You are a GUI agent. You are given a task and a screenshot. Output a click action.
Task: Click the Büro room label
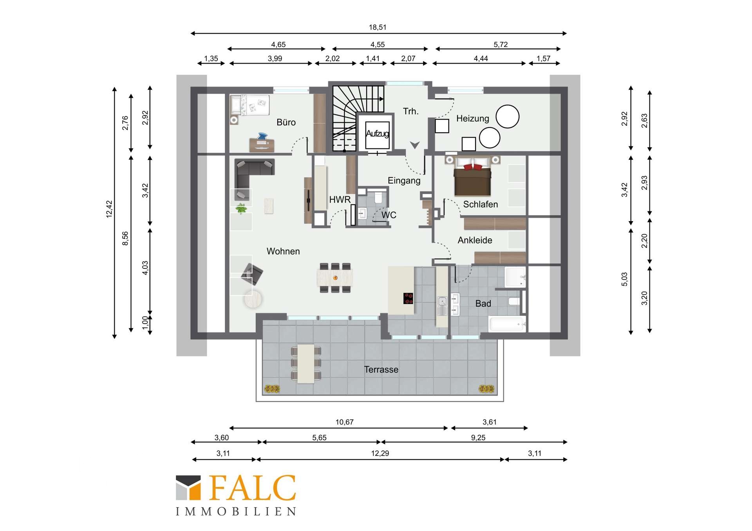pyautogui.click(x=286, y=122)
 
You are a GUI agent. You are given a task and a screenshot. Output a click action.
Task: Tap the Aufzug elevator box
pyautogui.click(x=378, y=134)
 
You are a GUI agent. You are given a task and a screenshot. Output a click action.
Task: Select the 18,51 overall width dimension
pyautogui.click(x=378, y=27)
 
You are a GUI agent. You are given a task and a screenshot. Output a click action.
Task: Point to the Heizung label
pyautogui.click(x=473, y=119)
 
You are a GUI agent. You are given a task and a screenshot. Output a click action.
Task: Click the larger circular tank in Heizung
pyautogui.click(x=508, y=117)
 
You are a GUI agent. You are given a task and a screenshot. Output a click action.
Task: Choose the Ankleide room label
pyautogui.click(x=475, y=240)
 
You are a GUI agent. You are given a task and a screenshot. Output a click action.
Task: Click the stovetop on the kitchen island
pyautogui.click(x=408, y=298)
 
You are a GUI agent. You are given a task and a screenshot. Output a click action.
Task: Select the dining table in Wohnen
pyautogui.click(x=335, y=278)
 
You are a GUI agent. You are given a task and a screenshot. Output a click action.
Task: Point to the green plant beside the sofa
pyautogui.click(x=241, y=209)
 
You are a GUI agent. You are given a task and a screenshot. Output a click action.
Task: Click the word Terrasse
pyautogui.click(x=381, y=370)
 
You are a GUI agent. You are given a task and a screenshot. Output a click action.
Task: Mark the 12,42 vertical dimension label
pyautogui.click(x=109, y=209)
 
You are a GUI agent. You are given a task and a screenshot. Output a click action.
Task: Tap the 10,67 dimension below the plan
pyautogui.click(x=345, y=422)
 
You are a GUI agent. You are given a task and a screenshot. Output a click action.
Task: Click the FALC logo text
pyautogui.click(x=253, y=488)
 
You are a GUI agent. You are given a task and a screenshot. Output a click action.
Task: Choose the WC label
pyautogui.click(x=389, y=215)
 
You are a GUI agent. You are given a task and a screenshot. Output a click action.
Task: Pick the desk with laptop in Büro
pyautogui.click(x=262, y=143)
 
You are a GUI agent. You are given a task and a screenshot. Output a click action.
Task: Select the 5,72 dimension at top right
pyautogui.click(x=501, y=45)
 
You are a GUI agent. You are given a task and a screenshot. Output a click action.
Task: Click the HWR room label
pyautogui.click(x=340, y=200)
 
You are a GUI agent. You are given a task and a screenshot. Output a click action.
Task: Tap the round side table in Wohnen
pyautogui.click(x=253, y=299)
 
